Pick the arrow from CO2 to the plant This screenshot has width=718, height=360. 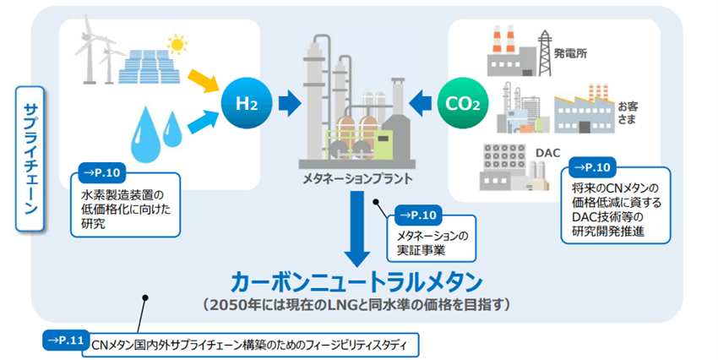click(420, 104)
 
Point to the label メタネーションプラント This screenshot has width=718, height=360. click(358, 179)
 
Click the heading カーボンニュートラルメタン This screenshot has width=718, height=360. click(358, 280)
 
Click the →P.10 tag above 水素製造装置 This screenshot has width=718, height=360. click(101, 173)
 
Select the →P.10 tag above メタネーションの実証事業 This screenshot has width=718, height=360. click(416, 214)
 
